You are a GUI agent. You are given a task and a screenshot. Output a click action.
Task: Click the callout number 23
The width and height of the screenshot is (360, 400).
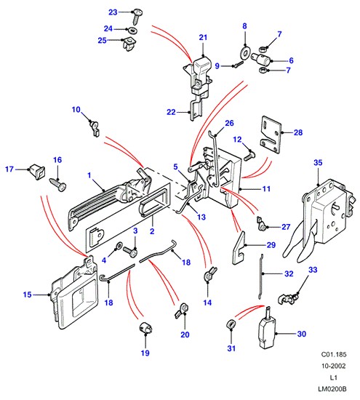pyautogui.click(x=113, y=12)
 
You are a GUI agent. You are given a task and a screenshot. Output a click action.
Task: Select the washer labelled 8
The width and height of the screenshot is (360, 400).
pyautogui.click(x=245, y=52)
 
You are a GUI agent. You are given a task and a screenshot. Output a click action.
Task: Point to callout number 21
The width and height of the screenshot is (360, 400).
pyautogui.click(x=203, y=38)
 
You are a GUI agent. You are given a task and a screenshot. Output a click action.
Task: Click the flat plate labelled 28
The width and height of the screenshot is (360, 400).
pyautogui.click(x=271, y=135)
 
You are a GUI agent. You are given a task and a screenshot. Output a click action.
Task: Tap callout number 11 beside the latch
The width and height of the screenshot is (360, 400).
pyautogui.click(x=266, y=189)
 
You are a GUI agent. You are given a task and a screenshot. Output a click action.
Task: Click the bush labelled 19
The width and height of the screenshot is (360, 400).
pyautogui.click(x=145, y=328)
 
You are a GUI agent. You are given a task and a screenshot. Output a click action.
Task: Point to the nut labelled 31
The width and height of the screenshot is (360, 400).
pyautogui.click(x=231, y=325)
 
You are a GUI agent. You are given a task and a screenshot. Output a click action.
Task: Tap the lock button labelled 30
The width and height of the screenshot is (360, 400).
pyautogui.click(x=267, y=331)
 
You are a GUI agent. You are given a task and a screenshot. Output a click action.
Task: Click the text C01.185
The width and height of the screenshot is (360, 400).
pyautogui.click(x=334, y=354)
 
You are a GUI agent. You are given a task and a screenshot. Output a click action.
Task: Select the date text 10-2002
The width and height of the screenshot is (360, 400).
pyautogui.click(x=334, y=366)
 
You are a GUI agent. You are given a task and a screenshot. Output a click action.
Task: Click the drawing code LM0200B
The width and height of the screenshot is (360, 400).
pyautogui.click(x=332, y=389)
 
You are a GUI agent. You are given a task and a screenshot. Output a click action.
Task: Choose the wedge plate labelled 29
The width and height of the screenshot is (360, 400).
pyautogui.click(x=239, y=248)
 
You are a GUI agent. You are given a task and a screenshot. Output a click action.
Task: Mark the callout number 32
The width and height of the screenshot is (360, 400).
pyautogui.click(x=289, y=273)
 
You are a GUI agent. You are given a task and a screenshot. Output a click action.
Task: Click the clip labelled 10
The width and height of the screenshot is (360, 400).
pyautogui.click(x=95, y=127)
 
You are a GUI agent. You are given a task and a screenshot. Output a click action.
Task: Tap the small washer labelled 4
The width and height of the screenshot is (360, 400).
pyautogui.click(x=119, y=246)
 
